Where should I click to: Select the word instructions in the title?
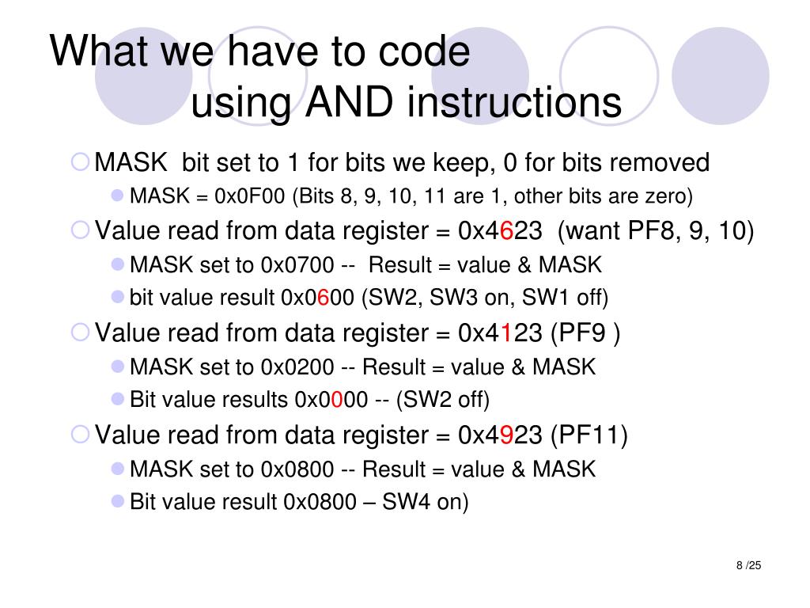coord(515,103)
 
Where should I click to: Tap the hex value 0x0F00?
coord(242,196)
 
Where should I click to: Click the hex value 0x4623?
coord(500,231)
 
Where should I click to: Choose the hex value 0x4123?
coord(500,332)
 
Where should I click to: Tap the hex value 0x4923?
coord(500,435)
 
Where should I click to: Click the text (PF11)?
coord(589,435)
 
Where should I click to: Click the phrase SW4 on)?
coord(426,502)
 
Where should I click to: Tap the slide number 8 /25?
coord(748,565)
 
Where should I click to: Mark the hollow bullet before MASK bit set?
coord(81,162)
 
